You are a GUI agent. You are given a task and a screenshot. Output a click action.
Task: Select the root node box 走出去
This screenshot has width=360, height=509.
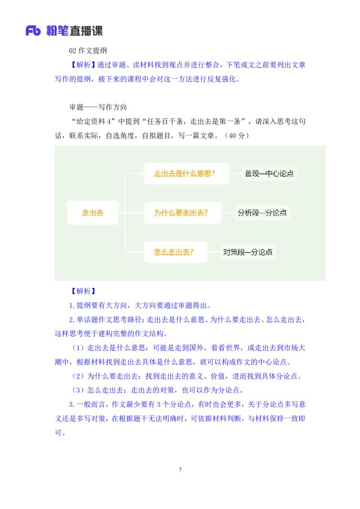[x=92, y=213]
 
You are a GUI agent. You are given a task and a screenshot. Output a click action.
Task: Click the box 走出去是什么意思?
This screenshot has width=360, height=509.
[x=186, y=174]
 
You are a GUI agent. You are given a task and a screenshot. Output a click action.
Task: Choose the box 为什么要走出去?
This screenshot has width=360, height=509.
[x=183, y=213]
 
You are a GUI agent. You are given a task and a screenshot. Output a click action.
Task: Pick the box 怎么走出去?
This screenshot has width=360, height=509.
[x=175, y=252]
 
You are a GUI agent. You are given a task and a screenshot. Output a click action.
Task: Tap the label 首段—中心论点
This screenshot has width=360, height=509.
[x=269, y=174]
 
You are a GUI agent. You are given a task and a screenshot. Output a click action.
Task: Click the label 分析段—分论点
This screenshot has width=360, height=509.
[x=262, y=213]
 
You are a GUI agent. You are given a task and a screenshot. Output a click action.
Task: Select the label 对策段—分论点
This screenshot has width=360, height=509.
[x=248, y=252]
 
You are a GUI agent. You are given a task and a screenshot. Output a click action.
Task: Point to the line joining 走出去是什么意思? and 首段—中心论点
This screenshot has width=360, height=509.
[x=235, y=174]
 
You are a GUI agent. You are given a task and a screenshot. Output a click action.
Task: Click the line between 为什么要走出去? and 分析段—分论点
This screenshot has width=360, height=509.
[x=228, y=213]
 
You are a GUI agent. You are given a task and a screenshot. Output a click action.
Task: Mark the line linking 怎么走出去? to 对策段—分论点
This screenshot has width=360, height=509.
[x=214, y=252]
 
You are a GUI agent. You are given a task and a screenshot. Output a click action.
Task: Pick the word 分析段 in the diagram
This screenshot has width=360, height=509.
[x=248, y=213]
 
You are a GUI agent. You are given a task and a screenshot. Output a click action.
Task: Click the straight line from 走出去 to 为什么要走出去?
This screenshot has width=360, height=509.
[x=130, y=213]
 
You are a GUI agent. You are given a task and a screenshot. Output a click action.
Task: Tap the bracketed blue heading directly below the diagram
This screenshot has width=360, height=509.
[x=81, y=290]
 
